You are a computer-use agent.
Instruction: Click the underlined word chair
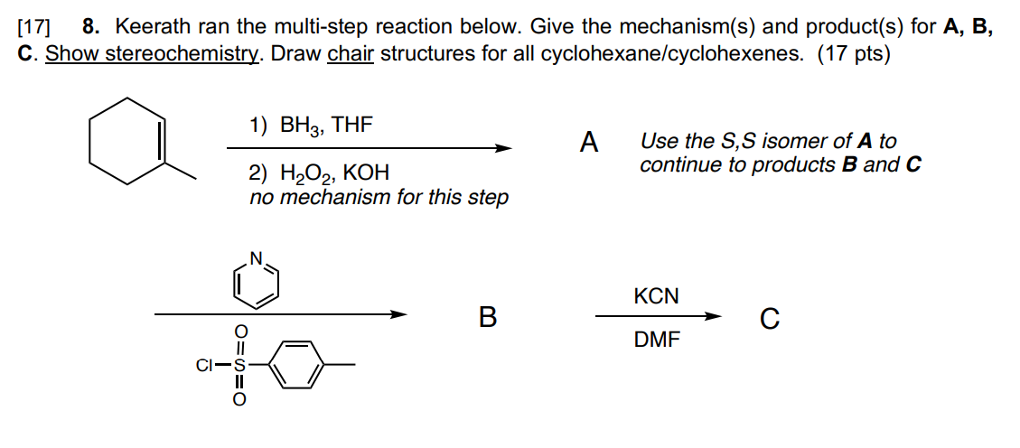(x=351, y=54)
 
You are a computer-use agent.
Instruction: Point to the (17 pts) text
(x=853, y=54)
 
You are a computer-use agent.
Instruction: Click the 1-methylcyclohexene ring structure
(x=127, y=142)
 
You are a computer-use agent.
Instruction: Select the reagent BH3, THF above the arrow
(x=310, y=126)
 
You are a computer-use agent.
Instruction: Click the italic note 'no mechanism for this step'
(x=379, y=198)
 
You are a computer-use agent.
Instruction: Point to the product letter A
(x=589, y=143)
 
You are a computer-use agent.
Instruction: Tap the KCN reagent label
(x=656, y=296)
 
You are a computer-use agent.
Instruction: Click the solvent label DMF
(x=657, y=341)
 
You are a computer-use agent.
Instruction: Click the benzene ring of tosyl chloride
(x=296, y=365)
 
